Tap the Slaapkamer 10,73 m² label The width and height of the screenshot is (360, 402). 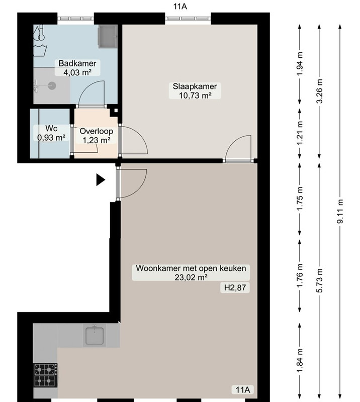[x=195, y=91]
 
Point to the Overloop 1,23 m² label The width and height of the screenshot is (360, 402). [x=96, y=136]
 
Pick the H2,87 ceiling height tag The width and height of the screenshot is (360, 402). [x=235, y=287]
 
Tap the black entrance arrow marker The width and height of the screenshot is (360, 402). [x=101, y=180]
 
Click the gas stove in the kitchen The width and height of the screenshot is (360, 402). [x=45, y=375]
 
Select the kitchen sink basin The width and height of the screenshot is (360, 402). [x=95, y=336]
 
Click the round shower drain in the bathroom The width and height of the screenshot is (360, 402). [x=52, y=85]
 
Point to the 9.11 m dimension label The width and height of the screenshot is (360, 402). [x=340, y=211]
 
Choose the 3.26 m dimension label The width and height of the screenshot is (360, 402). [x=319, y=91]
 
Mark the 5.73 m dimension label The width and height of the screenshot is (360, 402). [x=319, y=280]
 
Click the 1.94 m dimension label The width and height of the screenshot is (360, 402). [x=300, y=64]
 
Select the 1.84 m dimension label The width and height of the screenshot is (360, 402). [x=300, y=360]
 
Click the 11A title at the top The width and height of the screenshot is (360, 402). [x=180, y=7]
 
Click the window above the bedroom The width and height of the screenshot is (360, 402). [x=188, y=19]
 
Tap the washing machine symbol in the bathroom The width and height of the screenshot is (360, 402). [x=108, y=36]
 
